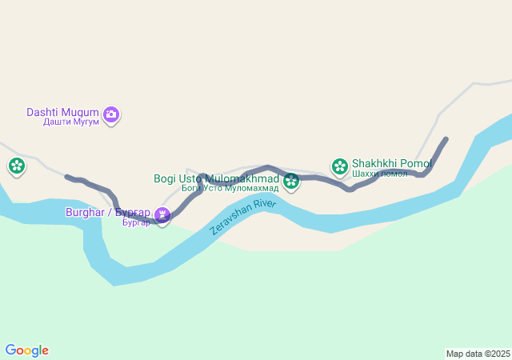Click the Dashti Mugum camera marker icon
tap(111, 115)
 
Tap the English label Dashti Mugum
tap(62, 112)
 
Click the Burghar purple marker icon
tap(162, 214)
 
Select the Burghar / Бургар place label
tap(107, 213)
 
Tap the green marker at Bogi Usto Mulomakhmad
tap(291, 182)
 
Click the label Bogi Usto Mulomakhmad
tap(216, 178)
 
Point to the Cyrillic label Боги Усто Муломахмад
tap(230, 188)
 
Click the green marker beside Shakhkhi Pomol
tap(339, 166)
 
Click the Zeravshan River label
tap(242, 216)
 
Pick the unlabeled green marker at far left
tap(17, 166)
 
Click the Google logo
tap(26, 350)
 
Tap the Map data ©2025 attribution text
tap(478, 354)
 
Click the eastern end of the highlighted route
tap(446, 139)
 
